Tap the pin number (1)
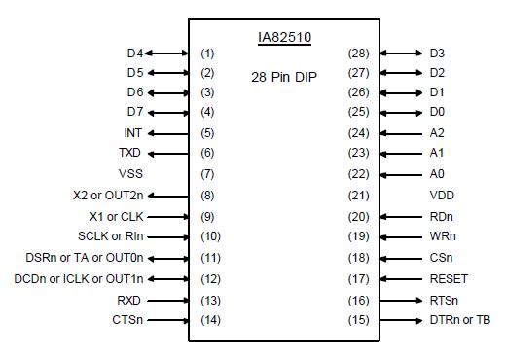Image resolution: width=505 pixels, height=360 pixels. pyautogui.click(x=206, y=54)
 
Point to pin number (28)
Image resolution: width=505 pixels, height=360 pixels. pyautogui.click(x=358, y=54)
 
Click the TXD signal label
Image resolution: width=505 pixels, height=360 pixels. pyautogui.click(x=130, y=153)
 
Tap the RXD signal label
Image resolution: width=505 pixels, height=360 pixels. pyautogui.click(x=129, y=300)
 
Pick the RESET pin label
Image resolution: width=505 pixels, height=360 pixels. pyautogui.click(x=449, y=277)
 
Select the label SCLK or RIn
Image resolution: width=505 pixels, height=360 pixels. pyautogui.click(x=110, y=235)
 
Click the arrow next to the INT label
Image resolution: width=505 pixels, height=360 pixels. pyautogui.click(x=167, y=132)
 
